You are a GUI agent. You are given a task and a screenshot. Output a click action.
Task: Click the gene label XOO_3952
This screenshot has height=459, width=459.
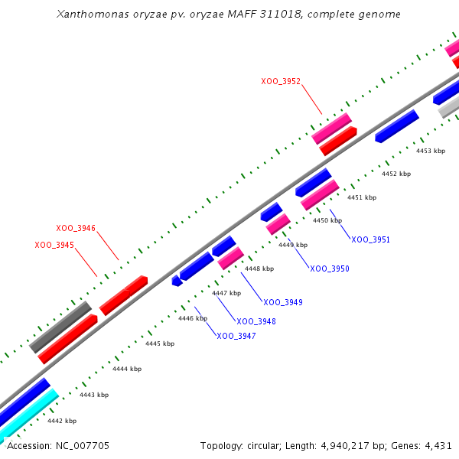[281, 80]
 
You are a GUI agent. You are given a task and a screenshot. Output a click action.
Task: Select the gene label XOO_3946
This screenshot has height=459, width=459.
[76, 228]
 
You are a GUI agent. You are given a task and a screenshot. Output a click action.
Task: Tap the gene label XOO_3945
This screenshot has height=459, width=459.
[54, 245]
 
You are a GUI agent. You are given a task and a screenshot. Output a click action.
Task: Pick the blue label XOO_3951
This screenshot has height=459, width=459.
[371, 240]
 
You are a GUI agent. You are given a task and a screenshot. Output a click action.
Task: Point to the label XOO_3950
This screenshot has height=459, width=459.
[330, 269]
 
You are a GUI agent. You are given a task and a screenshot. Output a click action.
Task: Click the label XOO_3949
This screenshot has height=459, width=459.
[283, 303]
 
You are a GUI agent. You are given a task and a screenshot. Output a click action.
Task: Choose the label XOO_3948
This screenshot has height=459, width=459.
[256, 321]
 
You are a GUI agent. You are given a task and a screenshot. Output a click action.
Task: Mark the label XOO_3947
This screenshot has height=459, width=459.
[236, 337]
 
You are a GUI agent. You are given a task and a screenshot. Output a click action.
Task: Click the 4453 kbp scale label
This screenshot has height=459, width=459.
[430, 151]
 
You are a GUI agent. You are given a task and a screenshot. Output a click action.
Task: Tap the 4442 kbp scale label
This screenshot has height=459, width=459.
[62, 421]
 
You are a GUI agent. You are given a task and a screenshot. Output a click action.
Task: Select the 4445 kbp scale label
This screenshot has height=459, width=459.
[160, 343]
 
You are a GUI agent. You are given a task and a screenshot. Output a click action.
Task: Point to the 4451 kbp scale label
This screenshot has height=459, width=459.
[362, 197]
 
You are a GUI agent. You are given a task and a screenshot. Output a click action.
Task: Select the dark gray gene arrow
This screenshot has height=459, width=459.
[60, 327]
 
